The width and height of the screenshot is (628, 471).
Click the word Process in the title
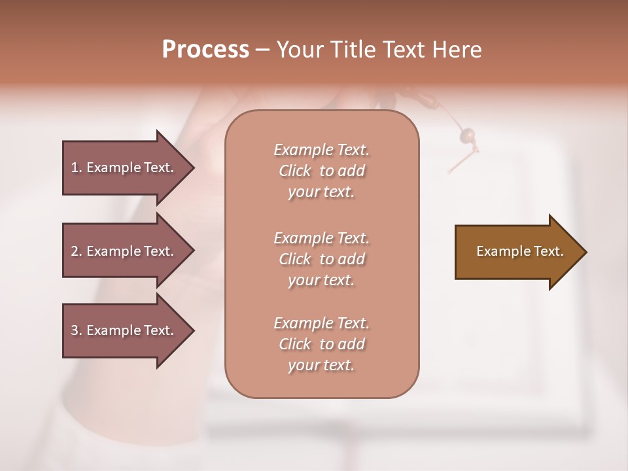205,50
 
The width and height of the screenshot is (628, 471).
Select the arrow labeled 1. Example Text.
124,167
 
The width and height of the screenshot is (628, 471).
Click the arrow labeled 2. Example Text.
124,251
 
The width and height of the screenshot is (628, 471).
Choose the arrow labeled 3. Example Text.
124,330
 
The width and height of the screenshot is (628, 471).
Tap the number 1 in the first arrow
75,167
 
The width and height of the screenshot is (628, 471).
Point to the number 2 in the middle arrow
75,251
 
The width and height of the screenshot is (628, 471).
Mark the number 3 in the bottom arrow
75,330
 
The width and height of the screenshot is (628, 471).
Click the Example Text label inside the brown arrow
519,251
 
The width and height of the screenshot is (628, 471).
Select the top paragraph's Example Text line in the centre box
321,150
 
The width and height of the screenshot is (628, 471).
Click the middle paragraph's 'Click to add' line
321,259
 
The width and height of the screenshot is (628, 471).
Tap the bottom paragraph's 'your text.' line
321,366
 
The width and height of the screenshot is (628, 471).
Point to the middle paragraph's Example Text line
321,238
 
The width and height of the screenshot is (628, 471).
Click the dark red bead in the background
468,136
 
